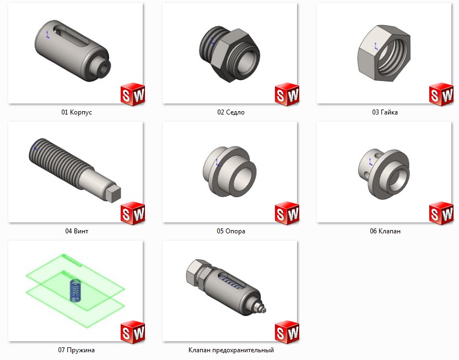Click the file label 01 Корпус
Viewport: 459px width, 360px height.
(x=77, y=112)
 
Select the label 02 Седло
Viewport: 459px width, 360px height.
(x=231, y=112)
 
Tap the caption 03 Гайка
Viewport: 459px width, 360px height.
(x=385, y=112)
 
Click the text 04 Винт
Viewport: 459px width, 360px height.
(x=77, y=231)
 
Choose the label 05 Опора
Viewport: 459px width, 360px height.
(x=231, y=231)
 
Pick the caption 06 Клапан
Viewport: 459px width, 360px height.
(x=385, y=231)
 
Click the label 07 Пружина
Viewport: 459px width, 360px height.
(x=76, y=350)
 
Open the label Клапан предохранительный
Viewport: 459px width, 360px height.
(x=231, y=350)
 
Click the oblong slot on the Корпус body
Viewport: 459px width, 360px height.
(x=71, y=35)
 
